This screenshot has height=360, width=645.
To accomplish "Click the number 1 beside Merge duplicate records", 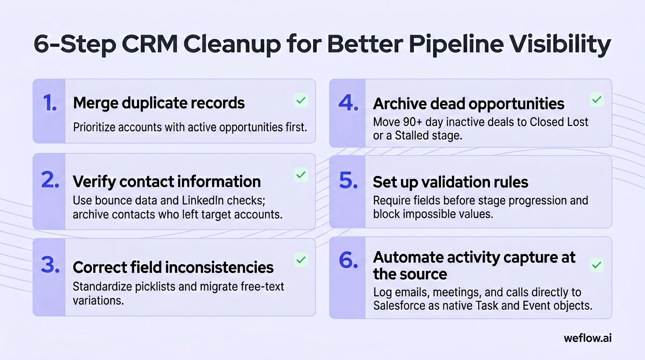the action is (50, 103).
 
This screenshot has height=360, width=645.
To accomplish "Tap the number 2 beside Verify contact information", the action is (50, 180).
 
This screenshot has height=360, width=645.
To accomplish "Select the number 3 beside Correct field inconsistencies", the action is (50, 265).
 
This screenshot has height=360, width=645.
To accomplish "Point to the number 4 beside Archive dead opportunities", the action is (348, 103).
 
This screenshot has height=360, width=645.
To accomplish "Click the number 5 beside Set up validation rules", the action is (348, 180).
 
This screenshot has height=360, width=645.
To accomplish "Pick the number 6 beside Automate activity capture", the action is (348, 260).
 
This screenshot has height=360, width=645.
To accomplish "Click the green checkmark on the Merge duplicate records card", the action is (301, 100).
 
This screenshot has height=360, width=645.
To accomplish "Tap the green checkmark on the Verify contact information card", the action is (301, 175).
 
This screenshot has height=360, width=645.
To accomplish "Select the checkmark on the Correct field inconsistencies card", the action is (301, 260).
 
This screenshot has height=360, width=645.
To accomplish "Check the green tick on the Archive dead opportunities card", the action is (597, 100).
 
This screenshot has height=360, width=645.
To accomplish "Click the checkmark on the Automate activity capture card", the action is (597, 265).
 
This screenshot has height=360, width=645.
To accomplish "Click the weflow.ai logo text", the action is (588, 338).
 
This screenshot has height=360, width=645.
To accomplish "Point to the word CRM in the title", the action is (150, 44).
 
